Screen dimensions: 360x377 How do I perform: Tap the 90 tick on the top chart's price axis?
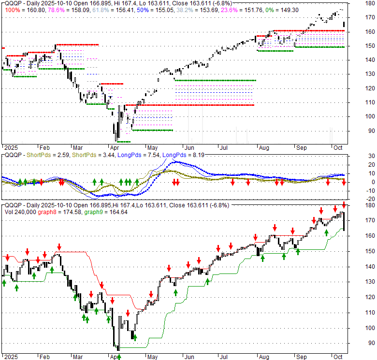click(x=369, y=130)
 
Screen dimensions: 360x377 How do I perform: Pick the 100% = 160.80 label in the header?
click(x=20, y=10)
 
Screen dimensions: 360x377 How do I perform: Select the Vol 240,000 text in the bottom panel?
click(x=20, y=211)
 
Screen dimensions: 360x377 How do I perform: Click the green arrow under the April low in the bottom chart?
click(x=118, y=357)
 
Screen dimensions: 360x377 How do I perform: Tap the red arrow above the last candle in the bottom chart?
click(x=344, y=205)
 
